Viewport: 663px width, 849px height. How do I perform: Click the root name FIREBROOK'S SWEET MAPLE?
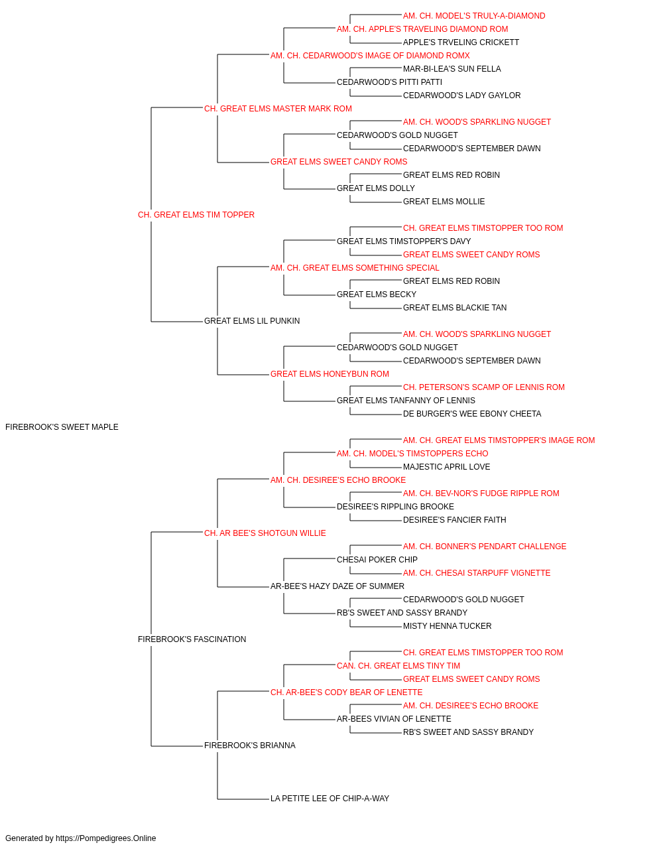[62, 427]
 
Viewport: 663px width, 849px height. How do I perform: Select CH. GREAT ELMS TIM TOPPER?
[196, 215]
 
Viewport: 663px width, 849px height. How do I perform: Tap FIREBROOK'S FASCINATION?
[192, 639]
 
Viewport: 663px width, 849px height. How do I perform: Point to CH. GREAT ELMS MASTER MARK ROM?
[278, 109]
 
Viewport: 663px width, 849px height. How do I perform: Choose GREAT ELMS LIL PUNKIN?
[252, 321]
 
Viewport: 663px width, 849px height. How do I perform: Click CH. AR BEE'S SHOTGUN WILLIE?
[265, 533]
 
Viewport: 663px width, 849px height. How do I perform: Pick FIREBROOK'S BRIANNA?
[250, 745]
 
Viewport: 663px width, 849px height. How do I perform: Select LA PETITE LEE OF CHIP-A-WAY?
[330, 798]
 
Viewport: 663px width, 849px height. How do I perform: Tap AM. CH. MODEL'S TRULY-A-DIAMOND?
[474, 16]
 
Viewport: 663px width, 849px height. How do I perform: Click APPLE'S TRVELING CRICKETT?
[461, 42]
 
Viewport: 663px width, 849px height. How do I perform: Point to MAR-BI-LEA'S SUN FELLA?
[452, 69]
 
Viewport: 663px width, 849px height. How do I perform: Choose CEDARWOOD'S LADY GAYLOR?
[462, 96]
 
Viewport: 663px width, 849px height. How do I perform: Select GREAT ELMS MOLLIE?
[444, 202]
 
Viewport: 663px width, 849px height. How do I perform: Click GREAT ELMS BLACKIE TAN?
[455, 308]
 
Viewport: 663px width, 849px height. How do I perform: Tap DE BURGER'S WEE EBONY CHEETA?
[472, 414]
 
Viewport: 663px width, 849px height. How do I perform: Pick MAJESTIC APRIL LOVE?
[446, 467]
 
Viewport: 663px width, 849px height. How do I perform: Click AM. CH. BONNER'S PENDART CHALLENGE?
[485, 546]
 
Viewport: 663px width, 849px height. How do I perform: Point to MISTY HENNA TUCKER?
[447, 626]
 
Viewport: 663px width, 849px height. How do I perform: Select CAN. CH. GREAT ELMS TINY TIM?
[398, 666]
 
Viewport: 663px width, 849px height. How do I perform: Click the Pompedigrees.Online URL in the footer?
[106, 838]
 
